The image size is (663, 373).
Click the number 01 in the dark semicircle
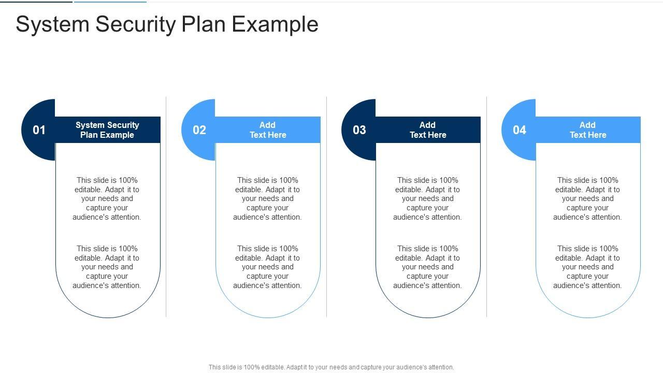coord(39,130)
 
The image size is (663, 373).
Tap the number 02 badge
coord(199,130)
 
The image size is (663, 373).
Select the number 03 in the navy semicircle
coord(359,130)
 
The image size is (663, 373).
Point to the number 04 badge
coord(520,130)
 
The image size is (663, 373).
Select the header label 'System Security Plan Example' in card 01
coord(107,130)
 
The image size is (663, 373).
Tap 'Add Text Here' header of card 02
coord(268,130)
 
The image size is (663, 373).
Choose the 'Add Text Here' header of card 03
coord(428,130)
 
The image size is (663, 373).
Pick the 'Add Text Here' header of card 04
coord(588,130)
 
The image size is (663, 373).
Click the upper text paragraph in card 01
coord(107,198)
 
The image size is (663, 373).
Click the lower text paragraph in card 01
coord(107,267)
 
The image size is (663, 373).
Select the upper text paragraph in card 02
coord(268,198)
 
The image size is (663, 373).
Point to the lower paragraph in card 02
coord(268,267)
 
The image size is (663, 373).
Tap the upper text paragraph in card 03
coord(428,198)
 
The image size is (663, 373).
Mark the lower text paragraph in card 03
coord(428,267)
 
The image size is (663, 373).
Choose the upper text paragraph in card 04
coord(588,198)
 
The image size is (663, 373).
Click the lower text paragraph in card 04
coord(588,267)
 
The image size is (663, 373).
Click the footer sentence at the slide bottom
coord(331,367)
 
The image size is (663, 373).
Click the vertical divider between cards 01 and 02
coord(166,207)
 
